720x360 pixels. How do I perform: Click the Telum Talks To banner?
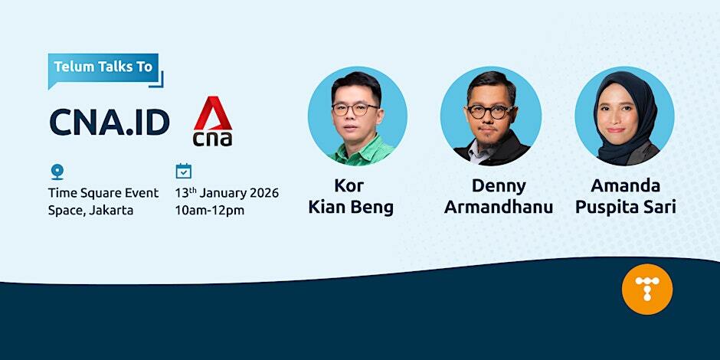click(103, 67)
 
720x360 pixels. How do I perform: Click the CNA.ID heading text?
click(110, 122)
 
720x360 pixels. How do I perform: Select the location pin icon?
click(57, 172)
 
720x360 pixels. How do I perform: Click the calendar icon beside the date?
click(184, 171)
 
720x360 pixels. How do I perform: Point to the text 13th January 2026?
click(227, 192)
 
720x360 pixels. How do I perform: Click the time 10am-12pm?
click(210, 209)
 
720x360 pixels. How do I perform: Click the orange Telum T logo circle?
click(646, 289)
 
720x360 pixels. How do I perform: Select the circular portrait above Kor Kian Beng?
click(357, 116)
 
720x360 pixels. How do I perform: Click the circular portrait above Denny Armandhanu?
click(490, 116)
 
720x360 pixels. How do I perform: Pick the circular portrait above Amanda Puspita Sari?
click(624, 116)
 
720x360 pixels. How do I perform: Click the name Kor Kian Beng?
click(350, 196)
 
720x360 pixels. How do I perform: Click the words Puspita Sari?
click(625, 207)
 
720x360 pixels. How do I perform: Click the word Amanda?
click(625, 185)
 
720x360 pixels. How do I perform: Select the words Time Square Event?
click(103, 192)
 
